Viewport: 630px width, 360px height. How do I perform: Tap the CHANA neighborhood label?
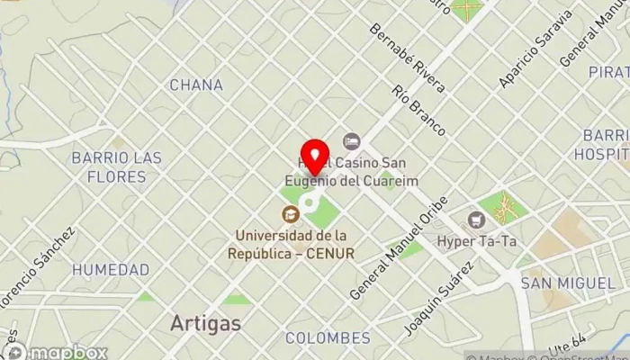tap(196, 85)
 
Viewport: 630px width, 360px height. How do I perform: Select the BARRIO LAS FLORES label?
tap(117, 166)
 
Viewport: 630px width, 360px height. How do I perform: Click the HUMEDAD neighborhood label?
tap(111, 269)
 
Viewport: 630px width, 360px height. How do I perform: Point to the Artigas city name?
tap(205, 322)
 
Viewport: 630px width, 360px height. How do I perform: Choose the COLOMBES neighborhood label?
tap(328, 338)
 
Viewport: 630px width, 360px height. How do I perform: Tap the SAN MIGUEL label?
tap(569, 283)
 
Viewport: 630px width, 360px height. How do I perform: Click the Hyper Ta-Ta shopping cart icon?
tap(476, 219)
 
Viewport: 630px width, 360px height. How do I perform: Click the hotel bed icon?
tap(351, 140)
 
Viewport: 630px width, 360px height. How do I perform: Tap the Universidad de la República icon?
tap(290, 213)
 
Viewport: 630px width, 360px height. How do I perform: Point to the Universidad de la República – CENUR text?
tap(294, 244)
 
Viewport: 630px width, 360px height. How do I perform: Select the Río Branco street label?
tap(419, 111)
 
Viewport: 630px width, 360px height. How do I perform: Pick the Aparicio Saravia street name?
tap(535, 49)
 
